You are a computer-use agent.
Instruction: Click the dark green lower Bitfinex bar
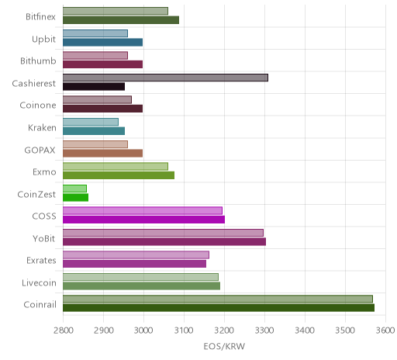(x=121, y=20)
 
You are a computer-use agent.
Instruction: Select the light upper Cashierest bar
(x=165, y=78)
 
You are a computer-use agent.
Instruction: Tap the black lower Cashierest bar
(x=94, y=87)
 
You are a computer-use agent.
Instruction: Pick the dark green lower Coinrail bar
(x=219, y=308)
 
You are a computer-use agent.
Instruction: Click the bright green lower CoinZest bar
(x=76, y=197)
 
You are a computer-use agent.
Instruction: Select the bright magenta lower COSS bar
(x=144, y=220)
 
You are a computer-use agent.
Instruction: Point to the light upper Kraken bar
(x=91, y=122)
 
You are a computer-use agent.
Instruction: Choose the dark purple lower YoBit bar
(x=164, y=241)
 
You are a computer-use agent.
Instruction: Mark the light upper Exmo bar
(x=116, y=166)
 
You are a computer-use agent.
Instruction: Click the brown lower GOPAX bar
(x=103, y=153)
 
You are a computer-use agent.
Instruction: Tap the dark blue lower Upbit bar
(x=103, y=42)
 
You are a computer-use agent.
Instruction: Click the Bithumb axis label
(x=38, y=61)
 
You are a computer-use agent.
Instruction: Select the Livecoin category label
(x=39, y=282)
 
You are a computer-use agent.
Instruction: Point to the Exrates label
(x=41, y=260)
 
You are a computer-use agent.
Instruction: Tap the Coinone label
(x=38, y=106)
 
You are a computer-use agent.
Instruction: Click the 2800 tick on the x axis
(x=64, y=331)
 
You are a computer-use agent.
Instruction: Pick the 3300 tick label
(x=264, y=331)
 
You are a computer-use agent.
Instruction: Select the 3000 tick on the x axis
(x=143, y=331)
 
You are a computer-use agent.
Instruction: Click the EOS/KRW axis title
(x=224, y=346)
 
